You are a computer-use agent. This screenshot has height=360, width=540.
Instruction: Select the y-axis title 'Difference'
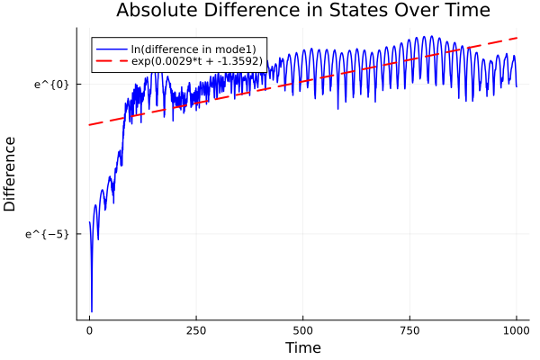11,174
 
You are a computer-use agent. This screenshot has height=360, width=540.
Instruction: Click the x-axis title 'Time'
302,347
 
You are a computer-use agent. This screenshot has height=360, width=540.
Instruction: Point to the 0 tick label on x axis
89,330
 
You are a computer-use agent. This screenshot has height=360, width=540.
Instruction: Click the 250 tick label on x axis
196,330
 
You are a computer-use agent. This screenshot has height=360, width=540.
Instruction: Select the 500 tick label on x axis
303,330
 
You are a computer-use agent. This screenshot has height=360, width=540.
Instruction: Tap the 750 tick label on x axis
409,330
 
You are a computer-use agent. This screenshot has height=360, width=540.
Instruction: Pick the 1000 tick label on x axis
517,330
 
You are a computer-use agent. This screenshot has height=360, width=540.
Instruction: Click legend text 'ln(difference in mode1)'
193,49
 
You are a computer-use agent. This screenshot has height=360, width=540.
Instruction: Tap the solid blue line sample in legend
112,49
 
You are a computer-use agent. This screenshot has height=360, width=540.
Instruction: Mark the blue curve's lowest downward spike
92,310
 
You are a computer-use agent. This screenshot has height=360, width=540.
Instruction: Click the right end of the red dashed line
517,38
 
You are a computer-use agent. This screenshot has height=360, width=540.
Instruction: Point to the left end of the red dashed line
89,124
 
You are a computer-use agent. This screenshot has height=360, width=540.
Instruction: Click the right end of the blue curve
517,85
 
